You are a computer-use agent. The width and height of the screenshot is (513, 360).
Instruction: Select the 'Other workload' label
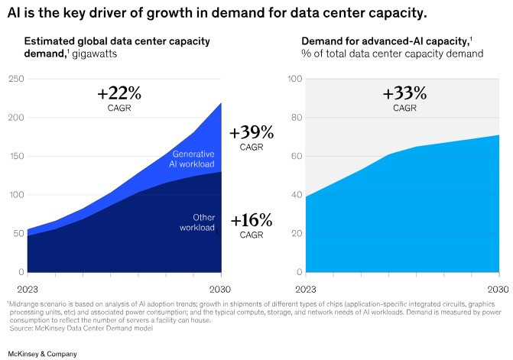(x=197, y=222)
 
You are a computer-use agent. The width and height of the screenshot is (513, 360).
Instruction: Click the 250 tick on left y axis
(x=15, y=79)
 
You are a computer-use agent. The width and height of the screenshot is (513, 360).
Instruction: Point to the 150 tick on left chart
(x=15, y=156)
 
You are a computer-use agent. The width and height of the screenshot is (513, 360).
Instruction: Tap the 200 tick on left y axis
(x=15, y=118)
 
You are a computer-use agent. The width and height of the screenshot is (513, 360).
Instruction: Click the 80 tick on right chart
(x=295, y=118)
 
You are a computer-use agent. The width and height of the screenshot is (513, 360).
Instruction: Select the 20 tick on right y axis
(x=295, y=234)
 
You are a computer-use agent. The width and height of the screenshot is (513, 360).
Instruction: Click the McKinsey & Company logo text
(x=42, y=353)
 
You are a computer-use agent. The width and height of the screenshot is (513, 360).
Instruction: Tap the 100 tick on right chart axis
(x=294, y=79)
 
